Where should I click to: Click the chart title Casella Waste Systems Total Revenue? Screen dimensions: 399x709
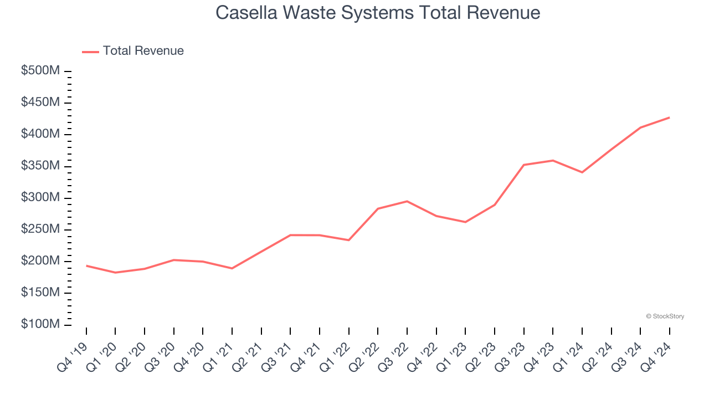tap(378, 12)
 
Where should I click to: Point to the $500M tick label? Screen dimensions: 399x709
tap(40, 71)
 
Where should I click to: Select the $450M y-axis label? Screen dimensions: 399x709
tap(40, 103)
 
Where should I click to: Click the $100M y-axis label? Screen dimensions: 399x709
tap(40, 324)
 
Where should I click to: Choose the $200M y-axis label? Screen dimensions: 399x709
tap(40, 261)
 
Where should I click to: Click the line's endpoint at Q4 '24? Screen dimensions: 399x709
tap(670, 117)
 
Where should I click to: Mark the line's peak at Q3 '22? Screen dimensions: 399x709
tap(407, 201)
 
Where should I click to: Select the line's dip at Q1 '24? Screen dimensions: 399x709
tap(582, 172)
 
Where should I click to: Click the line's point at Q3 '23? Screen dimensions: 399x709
tap(524, 165)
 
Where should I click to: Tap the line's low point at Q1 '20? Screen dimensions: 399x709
tap(115, 273)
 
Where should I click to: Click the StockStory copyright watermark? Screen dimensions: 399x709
tap(665, 316)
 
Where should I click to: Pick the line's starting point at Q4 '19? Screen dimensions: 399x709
tap(86, 265)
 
